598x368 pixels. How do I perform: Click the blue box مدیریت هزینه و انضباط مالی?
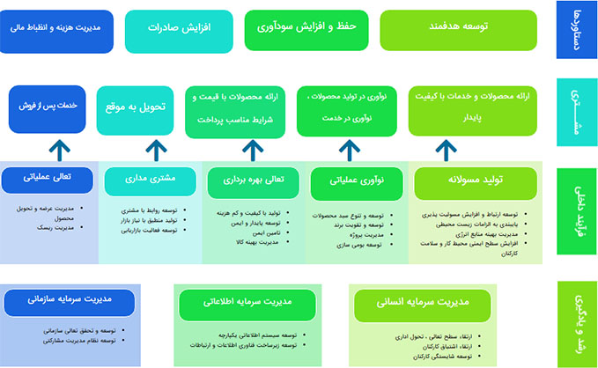56,29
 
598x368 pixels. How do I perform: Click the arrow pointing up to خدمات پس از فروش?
55,149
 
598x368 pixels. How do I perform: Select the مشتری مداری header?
151,179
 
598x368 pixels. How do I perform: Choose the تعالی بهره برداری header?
249,181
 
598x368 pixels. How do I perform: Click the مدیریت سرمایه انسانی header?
424,305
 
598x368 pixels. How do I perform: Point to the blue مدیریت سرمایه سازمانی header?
69,300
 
